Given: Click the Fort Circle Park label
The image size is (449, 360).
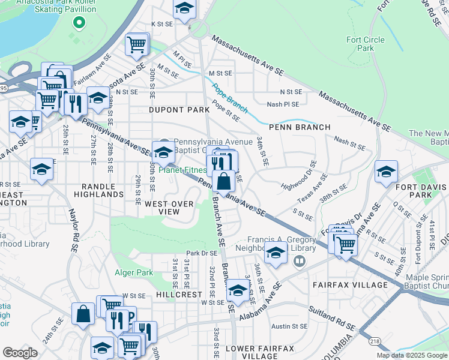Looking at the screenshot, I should tap(366, 44).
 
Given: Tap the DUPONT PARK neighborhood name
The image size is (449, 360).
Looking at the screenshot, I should tap(179, 110).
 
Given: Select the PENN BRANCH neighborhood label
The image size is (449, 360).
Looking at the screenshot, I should tap(300, 127).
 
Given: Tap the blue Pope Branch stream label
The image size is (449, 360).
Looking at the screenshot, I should tap(229, 99).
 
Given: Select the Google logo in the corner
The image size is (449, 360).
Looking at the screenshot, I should tap(20, 352).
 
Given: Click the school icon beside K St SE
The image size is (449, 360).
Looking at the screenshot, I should tap(184, 8).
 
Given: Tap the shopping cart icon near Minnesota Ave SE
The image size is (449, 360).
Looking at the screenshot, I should tap(137, 44).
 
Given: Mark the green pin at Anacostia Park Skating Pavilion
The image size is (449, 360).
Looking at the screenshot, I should tap(77, 23).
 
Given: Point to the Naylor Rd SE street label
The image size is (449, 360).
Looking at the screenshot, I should tap(74, 223).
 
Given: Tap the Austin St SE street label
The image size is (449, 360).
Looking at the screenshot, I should tap(289, 326).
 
